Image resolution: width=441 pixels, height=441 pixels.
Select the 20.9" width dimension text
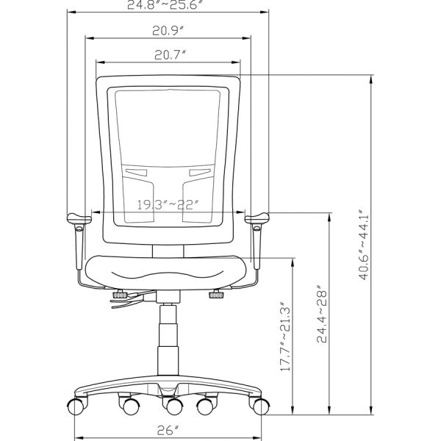tap(168, 30)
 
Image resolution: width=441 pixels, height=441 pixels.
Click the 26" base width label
tap(168, 429)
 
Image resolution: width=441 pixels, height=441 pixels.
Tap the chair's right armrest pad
tap(258, 217)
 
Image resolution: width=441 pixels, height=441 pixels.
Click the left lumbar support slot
tap(136, 173)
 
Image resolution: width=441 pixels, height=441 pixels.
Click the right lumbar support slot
tap(199, 173)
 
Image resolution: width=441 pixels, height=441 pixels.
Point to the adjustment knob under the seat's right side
tap(216, 295)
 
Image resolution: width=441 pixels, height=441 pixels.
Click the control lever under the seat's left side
tap(125, 300)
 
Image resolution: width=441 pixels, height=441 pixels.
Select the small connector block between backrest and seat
tap(167, 251)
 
